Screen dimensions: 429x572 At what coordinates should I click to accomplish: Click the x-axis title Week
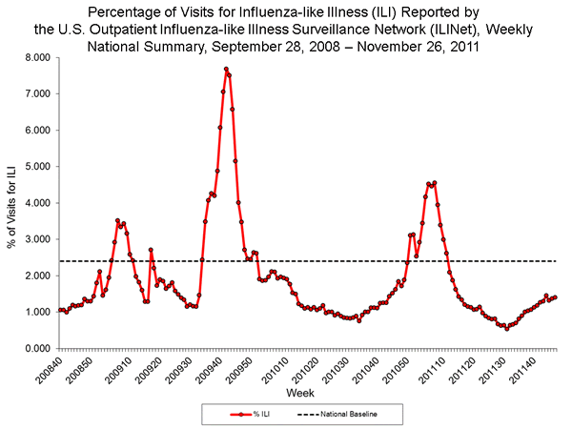pyautogui.click(x=301, y=393)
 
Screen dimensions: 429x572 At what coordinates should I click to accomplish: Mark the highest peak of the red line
pyautogui.click(x=226, y=69)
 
